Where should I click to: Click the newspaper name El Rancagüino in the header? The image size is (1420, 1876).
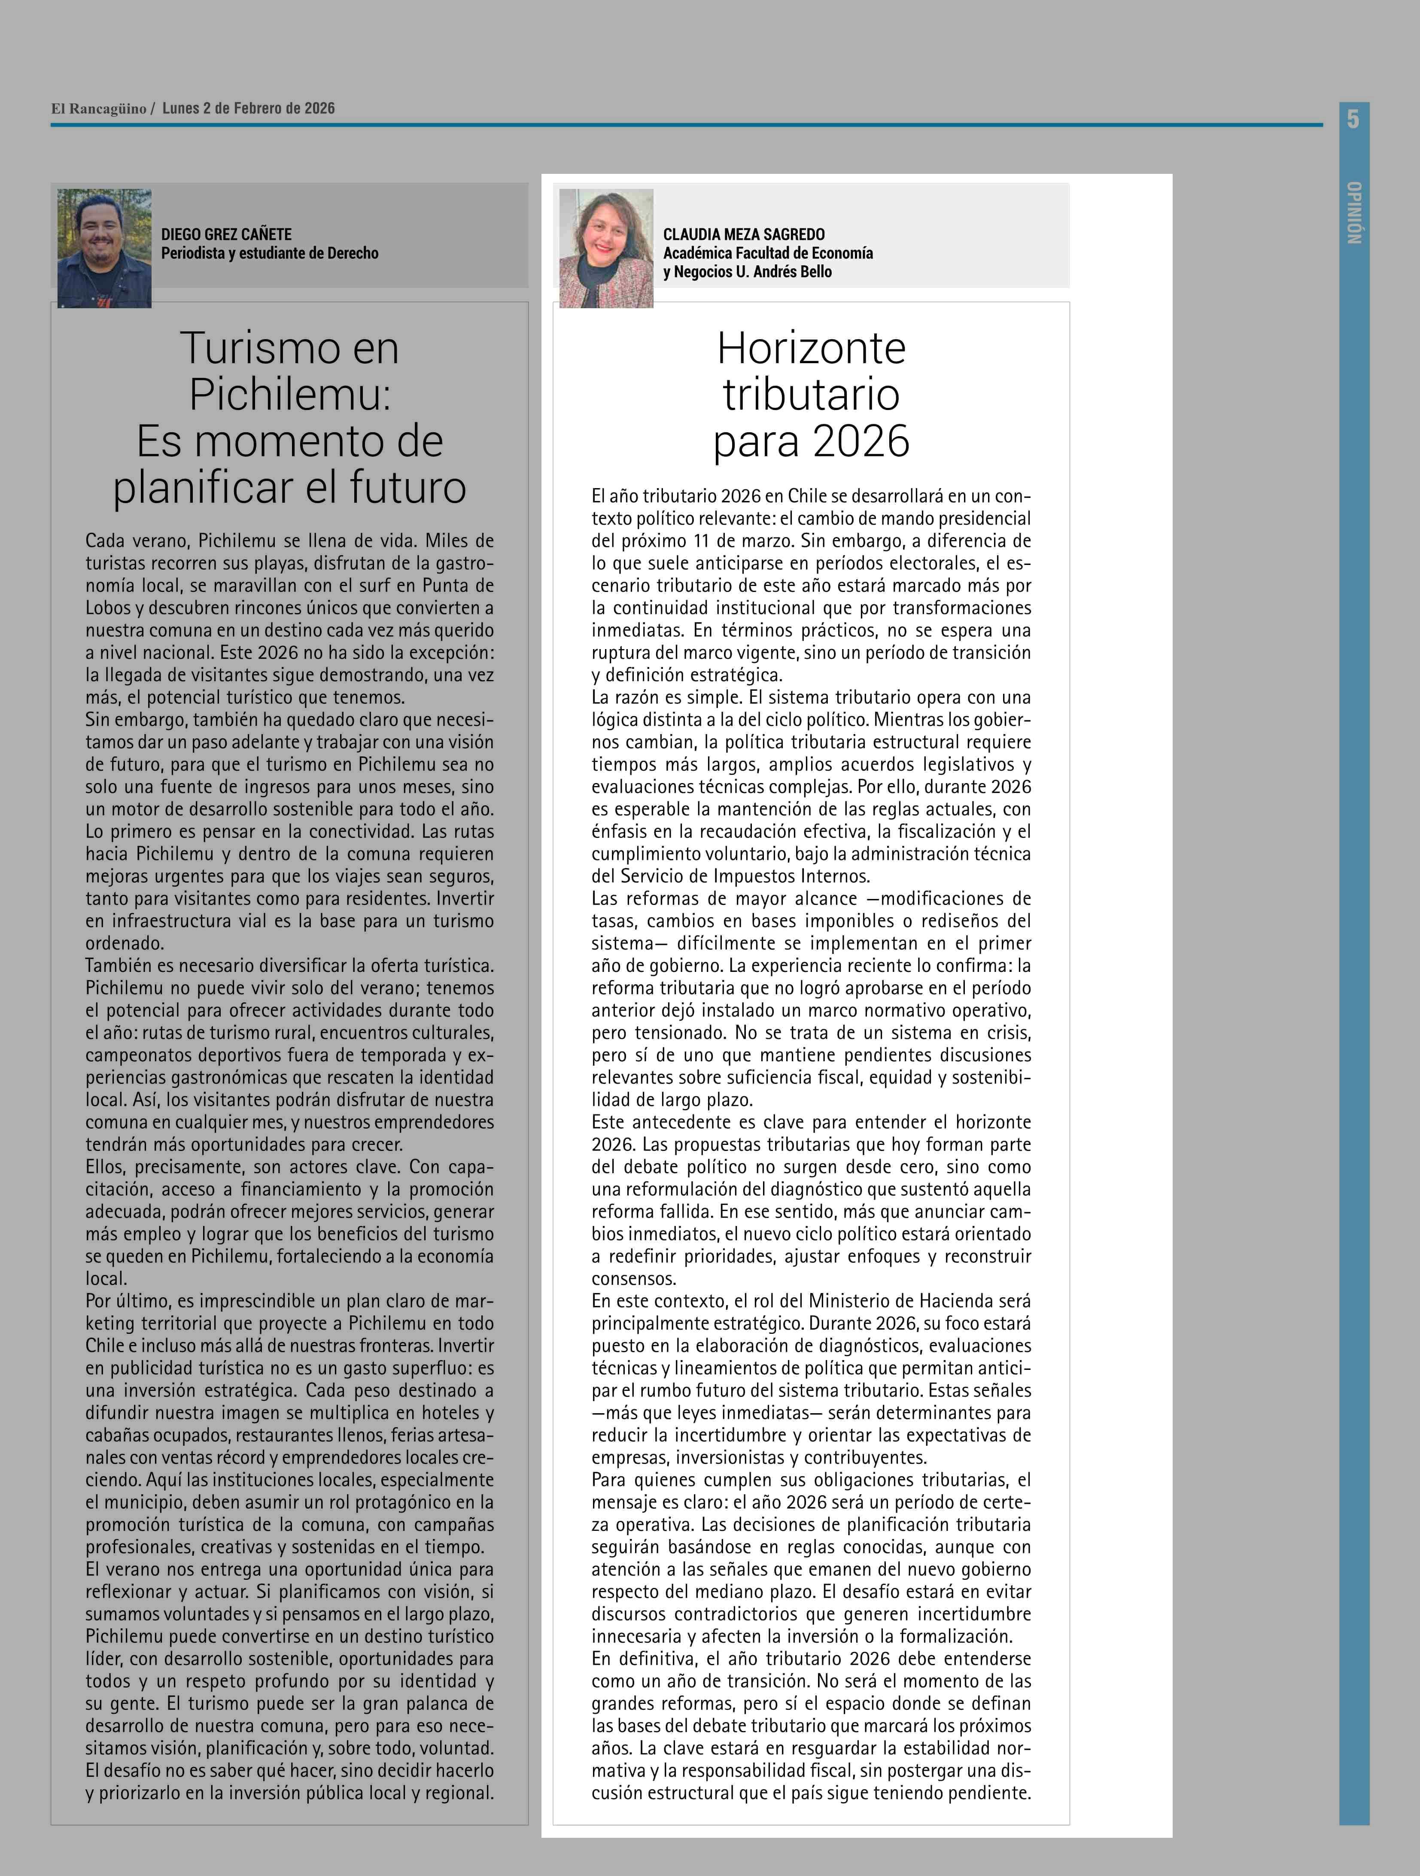click(98, 109)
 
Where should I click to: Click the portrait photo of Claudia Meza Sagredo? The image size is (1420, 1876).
click(606, 248)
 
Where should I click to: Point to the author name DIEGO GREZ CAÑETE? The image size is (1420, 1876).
click(226, 234)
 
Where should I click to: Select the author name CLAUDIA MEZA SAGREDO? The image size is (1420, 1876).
click(744, 234)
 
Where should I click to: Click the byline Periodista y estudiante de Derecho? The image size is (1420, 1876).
click(270, 253)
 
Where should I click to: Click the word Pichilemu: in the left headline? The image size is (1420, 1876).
click(289, 395)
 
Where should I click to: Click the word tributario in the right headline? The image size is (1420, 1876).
click(811, 395)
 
